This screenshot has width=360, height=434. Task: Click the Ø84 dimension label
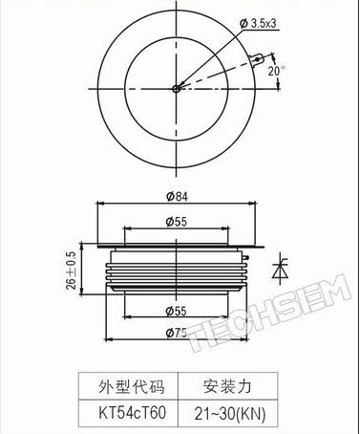[177, 196]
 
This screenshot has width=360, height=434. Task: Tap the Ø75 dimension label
[177, 334]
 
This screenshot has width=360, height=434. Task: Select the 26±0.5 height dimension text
[72, 271]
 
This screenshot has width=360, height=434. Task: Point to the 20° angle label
[275, 71]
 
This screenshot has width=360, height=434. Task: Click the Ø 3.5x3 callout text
[258, 24]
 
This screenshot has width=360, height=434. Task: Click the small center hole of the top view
[176, 89]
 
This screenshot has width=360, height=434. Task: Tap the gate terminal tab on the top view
[257, 60]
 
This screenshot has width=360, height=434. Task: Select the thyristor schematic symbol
[280, 270]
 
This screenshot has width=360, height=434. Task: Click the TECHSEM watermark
[269, 314]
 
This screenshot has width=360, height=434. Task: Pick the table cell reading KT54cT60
[133, 413]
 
